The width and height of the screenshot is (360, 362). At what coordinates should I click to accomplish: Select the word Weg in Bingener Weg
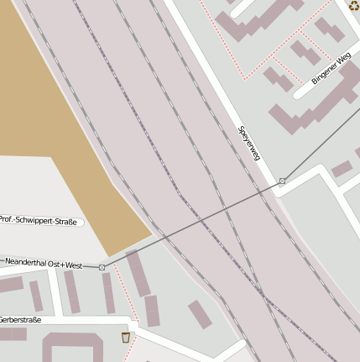pyautogui.click(x=342, y=60)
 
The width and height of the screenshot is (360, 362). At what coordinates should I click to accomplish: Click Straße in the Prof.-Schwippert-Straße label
pyautogui.click(x=66, y=223)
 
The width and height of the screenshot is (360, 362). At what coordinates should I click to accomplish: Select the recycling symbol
pyautogui.click(x=353, y=5)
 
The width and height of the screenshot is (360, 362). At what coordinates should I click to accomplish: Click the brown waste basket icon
pyautogui.click(x=126, y=337)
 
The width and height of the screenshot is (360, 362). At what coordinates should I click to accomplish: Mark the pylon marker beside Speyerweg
pyautogui.click(x=283, y=181)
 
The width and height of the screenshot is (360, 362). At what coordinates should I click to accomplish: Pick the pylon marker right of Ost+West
pyautogui.click(x=102, y=267)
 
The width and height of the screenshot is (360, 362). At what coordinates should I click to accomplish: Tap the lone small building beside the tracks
pyautogui.click(x=200, y=314)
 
